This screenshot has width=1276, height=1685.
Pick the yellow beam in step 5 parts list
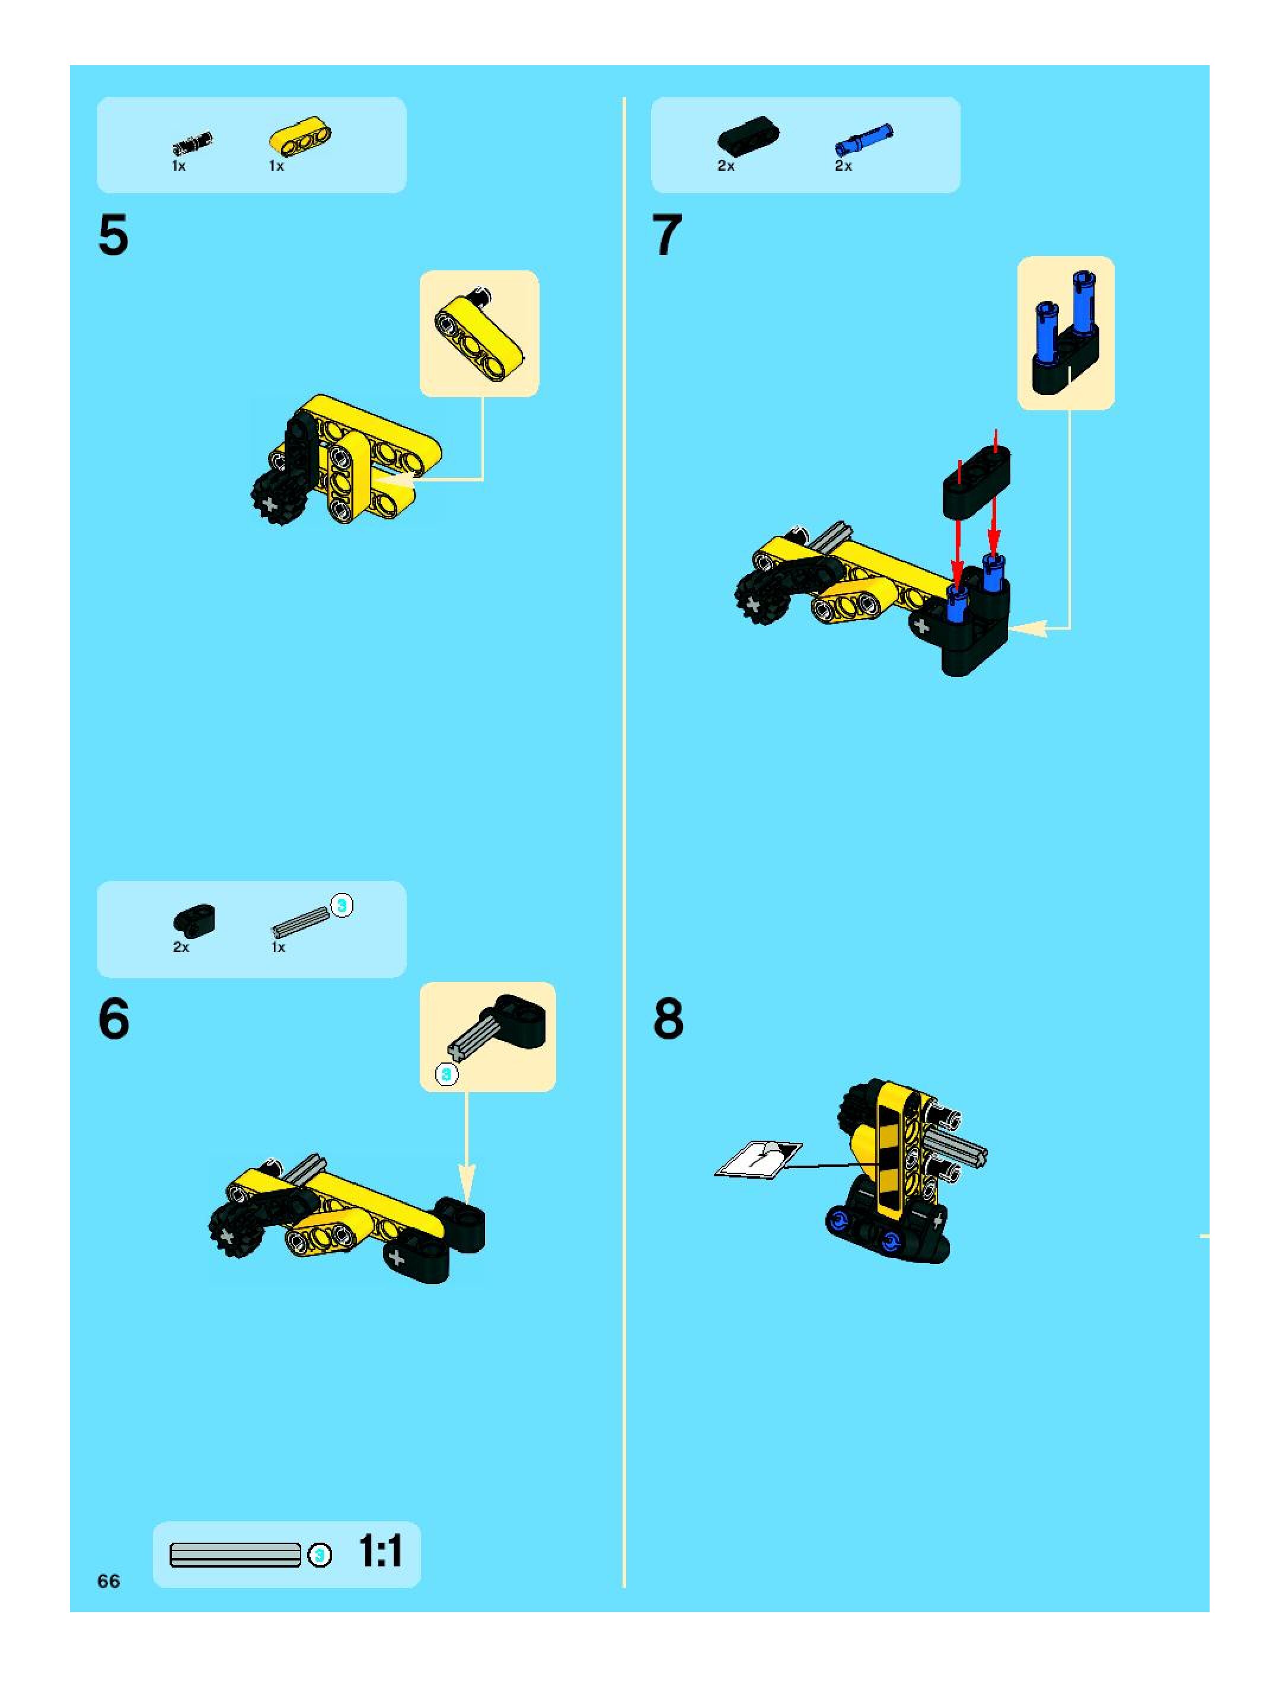301,137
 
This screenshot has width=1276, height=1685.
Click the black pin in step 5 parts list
192,142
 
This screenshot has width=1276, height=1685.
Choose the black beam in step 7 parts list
748,134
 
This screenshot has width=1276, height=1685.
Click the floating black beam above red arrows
977,479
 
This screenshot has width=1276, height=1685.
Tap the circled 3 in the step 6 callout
446,1075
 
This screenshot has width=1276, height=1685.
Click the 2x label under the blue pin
843,166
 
